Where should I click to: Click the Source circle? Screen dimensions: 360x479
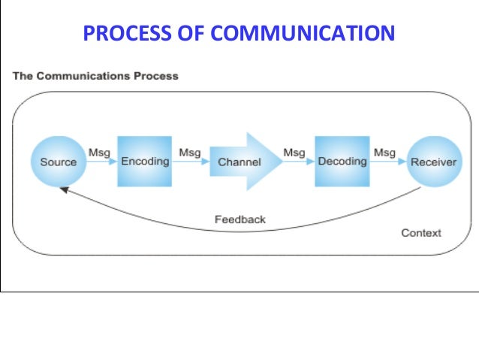58,162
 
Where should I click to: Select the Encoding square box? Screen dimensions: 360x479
145,161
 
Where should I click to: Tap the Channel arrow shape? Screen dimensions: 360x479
240,162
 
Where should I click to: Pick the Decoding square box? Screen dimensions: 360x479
342,161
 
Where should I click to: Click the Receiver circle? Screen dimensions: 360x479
433,162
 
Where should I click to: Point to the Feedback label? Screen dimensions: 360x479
239,219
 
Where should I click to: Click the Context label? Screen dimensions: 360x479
421,233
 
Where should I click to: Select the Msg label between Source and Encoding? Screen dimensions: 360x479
99,153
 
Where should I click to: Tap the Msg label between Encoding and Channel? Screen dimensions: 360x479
189,153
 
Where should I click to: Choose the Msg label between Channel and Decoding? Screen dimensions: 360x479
294,153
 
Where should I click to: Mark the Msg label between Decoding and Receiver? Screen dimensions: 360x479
384,153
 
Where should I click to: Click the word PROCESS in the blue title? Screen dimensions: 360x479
119,34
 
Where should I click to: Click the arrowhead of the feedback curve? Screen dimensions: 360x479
65,190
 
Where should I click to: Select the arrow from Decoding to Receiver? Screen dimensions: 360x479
387,162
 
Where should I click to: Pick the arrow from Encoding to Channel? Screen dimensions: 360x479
191,162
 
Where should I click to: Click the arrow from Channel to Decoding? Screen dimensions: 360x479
297,162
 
